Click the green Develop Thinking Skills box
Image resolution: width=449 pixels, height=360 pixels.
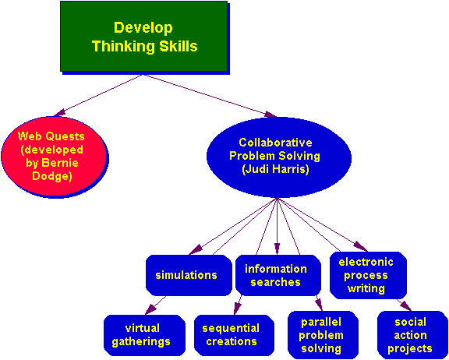[x=143, y=37]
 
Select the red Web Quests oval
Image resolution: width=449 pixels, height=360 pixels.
[x=54, y=157]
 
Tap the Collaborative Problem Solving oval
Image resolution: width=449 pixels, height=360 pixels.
[x=278, y=157]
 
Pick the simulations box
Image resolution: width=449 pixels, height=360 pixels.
[x=189, y=275]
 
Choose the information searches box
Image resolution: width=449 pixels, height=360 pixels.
[x=278, y=275]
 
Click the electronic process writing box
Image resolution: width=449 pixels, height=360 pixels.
[x=368, y=275]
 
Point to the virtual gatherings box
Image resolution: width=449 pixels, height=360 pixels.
[x=144, y=335]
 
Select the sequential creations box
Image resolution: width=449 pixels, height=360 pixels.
[x=234, y=335]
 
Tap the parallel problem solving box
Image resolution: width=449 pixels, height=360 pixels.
[x=323, y=335]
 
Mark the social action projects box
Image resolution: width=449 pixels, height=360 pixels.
[x=412, y=335]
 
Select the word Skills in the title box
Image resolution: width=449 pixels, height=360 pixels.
[x=179, y=46]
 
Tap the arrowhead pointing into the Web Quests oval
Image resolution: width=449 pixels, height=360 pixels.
[x=59, y=113]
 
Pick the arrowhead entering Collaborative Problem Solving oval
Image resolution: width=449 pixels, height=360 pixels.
[x=270, y=115]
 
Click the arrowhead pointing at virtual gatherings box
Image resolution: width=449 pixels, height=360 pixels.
[x=151, y=309]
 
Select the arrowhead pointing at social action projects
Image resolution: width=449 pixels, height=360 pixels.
[x=406, y=305]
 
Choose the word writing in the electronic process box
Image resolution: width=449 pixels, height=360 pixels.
[x=366, y=289]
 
